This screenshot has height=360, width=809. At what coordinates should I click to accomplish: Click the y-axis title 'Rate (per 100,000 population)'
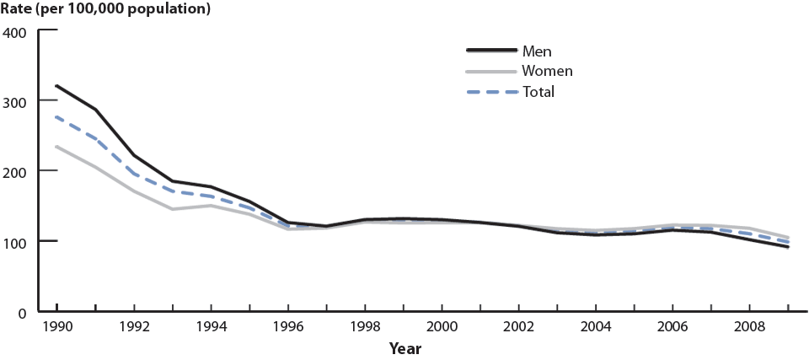click(106, 10)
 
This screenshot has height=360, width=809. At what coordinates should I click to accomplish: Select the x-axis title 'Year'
click(405, 348)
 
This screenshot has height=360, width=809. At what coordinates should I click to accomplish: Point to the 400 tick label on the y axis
click(16, 32)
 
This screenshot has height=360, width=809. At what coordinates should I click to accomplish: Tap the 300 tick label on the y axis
click(16, 102)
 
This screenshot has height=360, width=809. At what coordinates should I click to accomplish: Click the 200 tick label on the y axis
click(16, 172)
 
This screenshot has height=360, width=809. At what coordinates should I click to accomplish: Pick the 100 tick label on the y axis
click(16, 242)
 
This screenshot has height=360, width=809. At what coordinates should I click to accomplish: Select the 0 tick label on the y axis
click(24, 312)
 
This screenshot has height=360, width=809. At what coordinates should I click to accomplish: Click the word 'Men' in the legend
click(537, 52)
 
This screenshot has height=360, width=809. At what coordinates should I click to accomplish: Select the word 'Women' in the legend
click(547, 72)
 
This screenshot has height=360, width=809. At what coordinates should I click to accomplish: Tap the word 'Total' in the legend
click(538, 92)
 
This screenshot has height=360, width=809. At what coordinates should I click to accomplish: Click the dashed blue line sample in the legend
click(491, 91)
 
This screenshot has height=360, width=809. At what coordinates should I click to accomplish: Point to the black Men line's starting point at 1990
click(56, 86)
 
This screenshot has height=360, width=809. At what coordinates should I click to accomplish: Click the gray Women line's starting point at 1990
click(56, 147)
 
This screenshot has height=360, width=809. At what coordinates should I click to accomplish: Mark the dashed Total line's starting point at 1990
click(56, 117)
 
